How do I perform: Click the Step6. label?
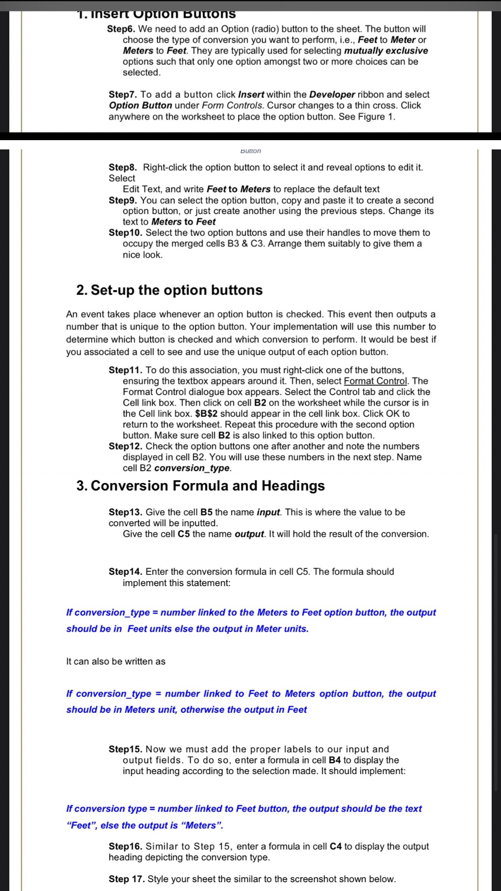[x=121, y=29]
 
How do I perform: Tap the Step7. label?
[x=122, y=95]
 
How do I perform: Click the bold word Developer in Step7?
[x=332, y=95]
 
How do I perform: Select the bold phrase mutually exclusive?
[x=386, y=51]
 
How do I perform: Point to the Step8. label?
[x=123, y=168]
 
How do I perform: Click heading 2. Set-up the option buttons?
[x=169, y=290]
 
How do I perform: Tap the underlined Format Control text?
[x=376, y=381]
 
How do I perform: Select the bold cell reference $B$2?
[x=206, y=413]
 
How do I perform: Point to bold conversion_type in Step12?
[x=192, y=468]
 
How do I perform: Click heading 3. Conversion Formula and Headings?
[x=200, y=486]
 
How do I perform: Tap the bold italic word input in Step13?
[x=268, y=512]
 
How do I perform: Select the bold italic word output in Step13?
[x=249, y=534]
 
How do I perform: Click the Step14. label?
[x=125, y=572]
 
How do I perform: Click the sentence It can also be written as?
[x=116, y=662]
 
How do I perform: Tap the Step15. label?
[x=125, y=749]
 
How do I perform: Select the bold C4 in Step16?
[x=335, y=846]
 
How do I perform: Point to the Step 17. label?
[x=127, y=879]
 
